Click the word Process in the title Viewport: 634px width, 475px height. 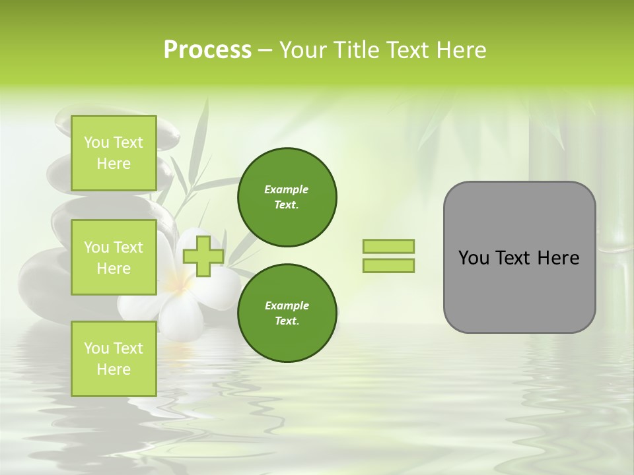[207, 50]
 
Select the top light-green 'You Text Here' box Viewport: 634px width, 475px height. [114, 153]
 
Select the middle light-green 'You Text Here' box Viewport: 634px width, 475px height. [114, 257]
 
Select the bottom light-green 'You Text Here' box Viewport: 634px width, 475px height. [114, 358]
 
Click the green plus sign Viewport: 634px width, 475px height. [203, 256]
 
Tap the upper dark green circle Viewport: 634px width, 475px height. [287, 197]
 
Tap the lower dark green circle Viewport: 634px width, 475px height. [287, 313]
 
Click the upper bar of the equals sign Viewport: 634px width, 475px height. [388, 246]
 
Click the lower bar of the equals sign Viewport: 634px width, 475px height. [388, 265]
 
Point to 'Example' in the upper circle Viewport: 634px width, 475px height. [287, 189]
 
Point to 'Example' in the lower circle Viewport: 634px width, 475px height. [287, 305]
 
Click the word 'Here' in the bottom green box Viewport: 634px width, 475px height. [114, 369]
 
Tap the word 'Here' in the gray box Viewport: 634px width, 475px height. [559, 258]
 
